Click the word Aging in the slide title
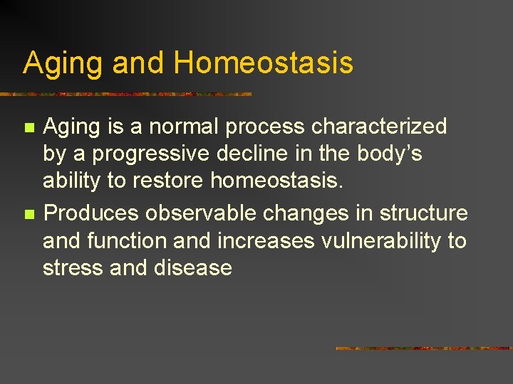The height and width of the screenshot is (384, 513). (63, 63)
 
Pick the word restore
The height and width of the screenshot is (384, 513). (167, 181)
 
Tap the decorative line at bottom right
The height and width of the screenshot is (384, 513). (423, 348)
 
